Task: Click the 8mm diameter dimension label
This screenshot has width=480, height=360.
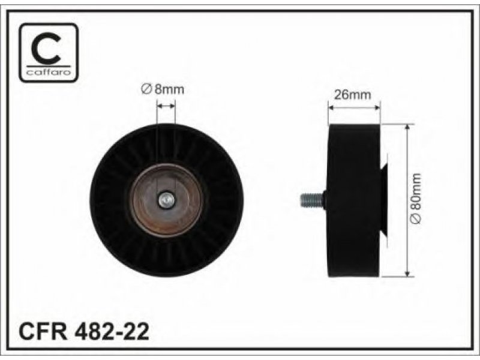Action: coord(163,89)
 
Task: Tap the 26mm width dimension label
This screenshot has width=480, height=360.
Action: coord(352,95)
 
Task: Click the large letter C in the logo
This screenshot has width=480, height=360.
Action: coord(47,49)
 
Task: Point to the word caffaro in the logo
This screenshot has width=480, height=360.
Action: coord(49,72)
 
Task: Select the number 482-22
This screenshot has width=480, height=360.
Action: coord(111,331)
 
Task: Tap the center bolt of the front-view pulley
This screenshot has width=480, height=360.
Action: coord(167,200)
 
